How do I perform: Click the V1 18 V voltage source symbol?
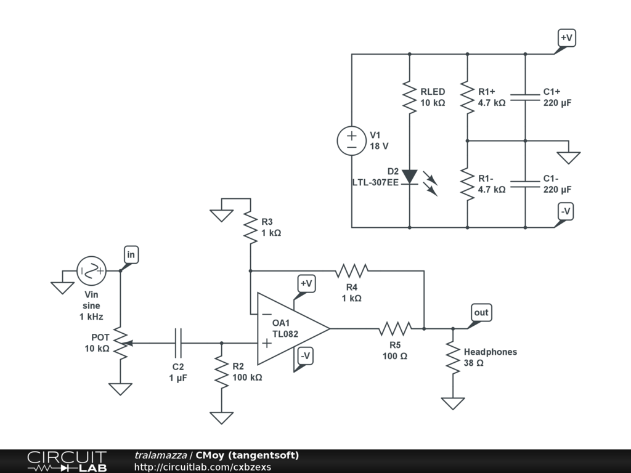[352, 141]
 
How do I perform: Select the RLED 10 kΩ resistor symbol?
[410, 97]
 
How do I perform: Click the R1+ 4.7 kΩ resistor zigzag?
[467, 97]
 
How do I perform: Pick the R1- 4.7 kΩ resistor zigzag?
[467, 184]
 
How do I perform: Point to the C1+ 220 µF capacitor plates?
[525, 97]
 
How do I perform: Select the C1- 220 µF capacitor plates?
[525, 184]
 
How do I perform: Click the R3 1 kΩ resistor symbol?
[250, 228]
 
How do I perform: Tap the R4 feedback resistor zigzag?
[352, 271]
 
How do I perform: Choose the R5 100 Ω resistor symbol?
[395, 329]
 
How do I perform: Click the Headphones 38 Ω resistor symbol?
[453, 358]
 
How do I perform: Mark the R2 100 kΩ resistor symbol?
[221, 372]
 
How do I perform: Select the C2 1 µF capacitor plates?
[178, 343]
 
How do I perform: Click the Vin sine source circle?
[91, 271]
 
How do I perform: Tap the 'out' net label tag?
[481, 312]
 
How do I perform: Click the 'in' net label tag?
[131, 254]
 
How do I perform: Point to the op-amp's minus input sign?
[267, 314]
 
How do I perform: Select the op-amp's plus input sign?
[267, 343]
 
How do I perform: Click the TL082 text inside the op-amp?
[285, 334]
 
